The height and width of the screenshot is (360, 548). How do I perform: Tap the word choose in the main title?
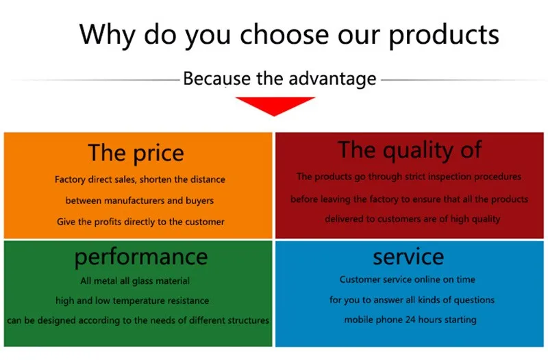tap(284, 34)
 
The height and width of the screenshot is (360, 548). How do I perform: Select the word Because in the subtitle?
tap(216, 79)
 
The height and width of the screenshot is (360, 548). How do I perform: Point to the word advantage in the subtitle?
tap(332, 79)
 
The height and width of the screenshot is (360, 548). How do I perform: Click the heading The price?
tap(136, 153)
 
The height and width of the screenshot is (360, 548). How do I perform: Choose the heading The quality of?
tap(410, 151)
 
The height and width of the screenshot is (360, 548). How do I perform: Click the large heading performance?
tap(141, 258)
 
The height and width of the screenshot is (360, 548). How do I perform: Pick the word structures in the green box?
tap(249, 320)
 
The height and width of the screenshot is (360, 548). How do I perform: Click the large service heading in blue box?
tap(408, 257)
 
